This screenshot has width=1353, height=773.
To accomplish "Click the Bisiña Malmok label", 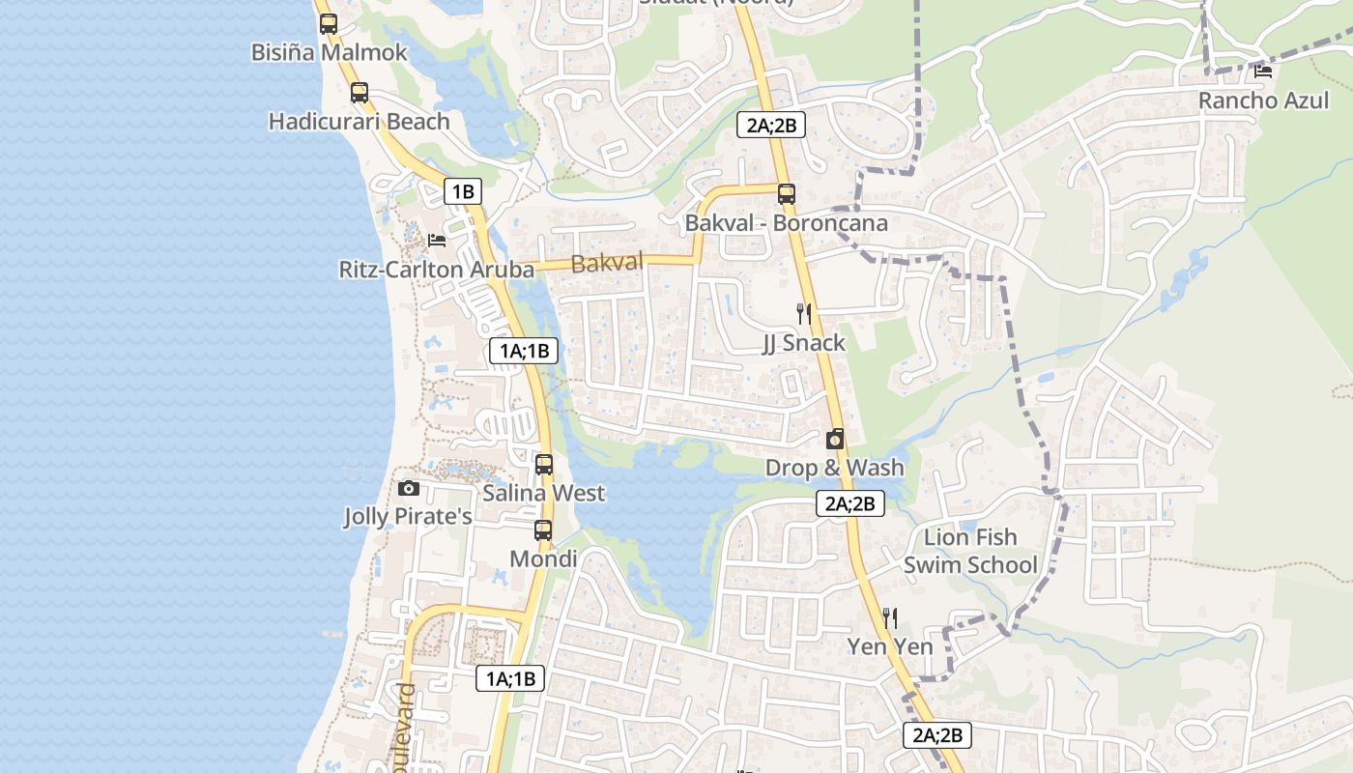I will point(330,52).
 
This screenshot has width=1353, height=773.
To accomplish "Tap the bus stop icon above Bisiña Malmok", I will point(329,24).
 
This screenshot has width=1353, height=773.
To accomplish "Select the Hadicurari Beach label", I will point(360,122).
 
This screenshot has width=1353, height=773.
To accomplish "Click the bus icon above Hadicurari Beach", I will point(360,93).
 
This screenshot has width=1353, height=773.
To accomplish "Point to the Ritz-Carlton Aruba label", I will point(437,270).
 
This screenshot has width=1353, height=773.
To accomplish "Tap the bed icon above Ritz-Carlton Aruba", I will point(437,240).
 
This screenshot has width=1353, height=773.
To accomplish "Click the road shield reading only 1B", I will point(463,191).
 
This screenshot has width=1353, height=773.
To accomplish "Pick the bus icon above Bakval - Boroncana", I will point(787,193).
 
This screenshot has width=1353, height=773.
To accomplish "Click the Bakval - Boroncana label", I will point(786,223).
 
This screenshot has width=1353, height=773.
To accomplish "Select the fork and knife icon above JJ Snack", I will point(803,313).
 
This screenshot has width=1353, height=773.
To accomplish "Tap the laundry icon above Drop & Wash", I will point(835,439).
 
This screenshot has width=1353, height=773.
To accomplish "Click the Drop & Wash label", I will point(835,468).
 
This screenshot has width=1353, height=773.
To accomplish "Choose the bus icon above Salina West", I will point(544,464).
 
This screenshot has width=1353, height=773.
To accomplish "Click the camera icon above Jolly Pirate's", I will point(409,489).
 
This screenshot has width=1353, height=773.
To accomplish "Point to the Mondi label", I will point(543,559).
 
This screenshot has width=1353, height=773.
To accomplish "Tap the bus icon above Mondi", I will point(543,530).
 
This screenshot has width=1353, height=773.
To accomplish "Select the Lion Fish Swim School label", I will point(970,551).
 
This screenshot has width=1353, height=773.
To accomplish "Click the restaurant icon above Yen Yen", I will point(890,617).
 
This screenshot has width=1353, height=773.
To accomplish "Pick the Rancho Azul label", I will point(1263,100).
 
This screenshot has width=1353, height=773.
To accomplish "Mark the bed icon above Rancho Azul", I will point(1263,71).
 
